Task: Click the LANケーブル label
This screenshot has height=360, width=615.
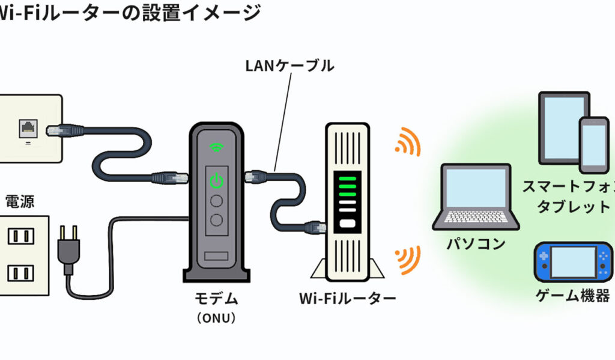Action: (x=289, y=66)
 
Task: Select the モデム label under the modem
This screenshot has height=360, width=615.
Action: (x=217, y=298)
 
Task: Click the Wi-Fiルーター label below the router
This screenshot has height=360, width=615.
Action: (x=347, y=298)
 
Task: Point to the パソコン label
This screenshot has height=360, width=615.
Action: (x=476, y=244)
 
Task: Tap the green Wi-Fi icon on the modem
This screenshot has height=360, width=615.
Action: (x=216, y=146)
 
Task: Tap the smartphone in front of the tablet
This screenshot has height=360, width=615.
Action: (x=593, y=145)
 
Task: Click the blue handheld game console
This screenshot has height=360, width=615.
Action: (x=574, y=262)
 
